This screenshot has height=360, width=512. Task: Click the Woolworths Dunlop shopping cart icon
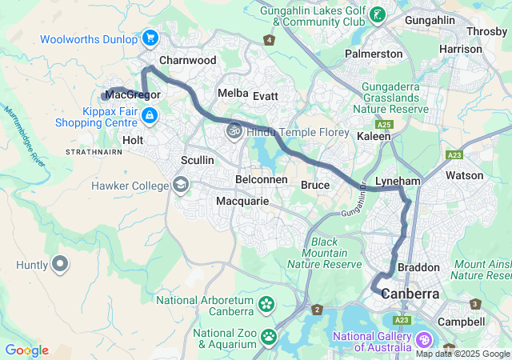coord(150,38)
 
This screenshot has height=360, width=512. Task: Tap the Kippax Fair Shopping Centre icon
coord(149,117)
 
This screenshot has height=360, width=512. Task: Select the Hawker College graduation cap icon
coord(181,186)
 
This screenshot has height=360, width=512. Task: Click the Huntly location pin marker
coord(60,263)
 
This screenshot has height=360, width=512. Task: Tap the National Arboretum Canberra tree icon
coord(266,305)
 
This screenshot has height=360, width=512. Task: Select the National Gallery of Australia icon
coord(422,340)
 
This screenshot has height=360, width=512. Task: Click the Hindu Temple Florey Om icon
coord(234,131)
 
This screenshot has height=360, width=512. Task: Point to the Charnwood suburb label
coord(188,60)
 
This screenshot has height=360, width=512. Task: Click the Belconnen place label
coord(262,179)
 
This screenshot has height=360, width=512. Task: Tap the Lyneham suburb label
coord(398,182)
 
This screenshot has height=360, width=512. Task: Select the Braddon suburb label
coord(418,267)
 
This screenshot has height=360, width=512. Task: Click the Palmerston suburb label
coord(374,54)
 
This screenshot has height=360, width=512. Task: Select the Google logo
coord(26,350)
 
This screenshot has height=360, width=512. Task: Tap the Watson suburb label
coord(464,175)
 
